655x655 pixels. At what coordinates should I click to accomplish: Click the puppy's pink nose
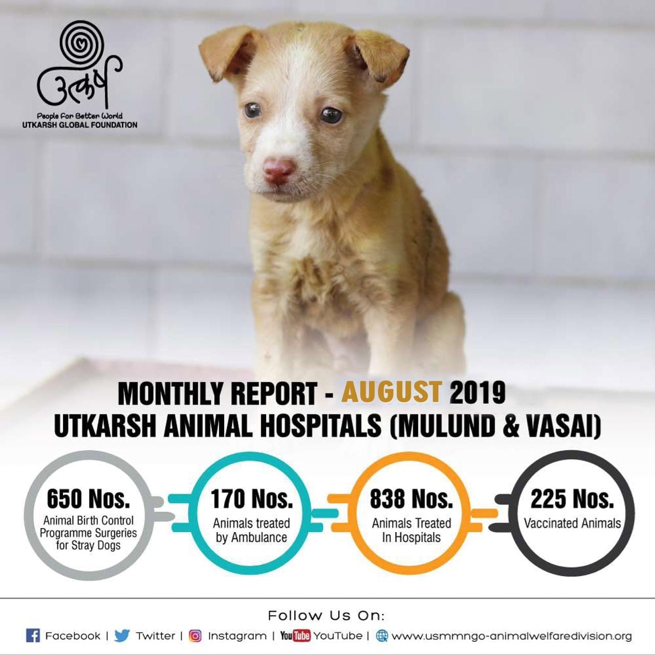point(278,171)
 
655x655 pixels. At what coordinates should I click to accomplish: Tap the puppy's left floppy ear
point(228,54)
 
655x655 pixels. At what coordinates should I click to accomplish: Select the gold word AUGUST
point(392,394)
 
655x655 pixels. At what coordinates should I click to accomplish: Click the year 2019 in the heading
point(477,394)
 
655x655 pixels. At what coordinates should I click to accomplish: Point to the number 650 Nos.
point(89,499)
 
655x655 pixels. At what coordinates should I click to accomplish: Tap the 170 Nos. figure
point(252,498)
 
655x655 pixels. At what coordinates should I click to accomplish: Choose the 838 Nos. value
point(411,499)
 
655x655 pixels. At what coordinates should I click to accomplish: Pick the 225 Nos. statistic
point(573,499)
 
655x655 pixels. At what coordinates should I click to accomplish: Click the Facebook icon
point(33,636)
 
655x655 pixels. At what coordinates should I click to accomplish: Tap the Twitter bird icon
point(122,636)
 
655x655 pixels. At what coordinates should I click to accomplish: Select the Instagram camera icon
point(195,636)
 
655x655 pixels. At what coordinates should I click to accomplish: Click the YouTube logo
point(295,636)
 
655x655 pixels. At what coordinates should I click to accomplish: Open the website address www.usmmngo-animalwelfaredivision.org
point(512,636)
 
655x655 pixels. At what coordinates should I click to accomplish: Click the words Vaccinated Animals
point(573,523)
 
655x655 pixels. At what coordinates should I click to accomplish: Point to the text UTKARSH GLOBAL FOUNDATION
point(80,125)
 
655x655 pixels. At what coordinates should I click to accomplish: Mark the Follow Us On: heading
point(326,616)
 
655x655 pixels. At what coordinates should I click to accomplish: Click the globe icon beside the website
point(382,636)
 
